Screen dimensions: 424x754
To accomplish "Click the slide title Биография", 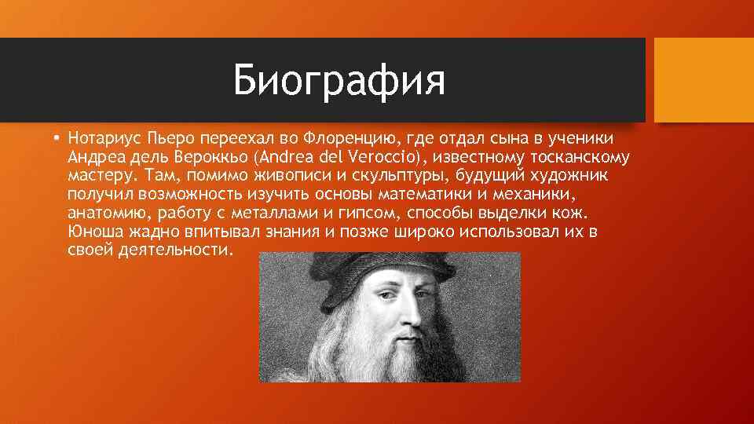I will coord(339,81).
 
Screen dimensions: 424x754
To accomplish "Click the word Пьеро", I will coord(170,140).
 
